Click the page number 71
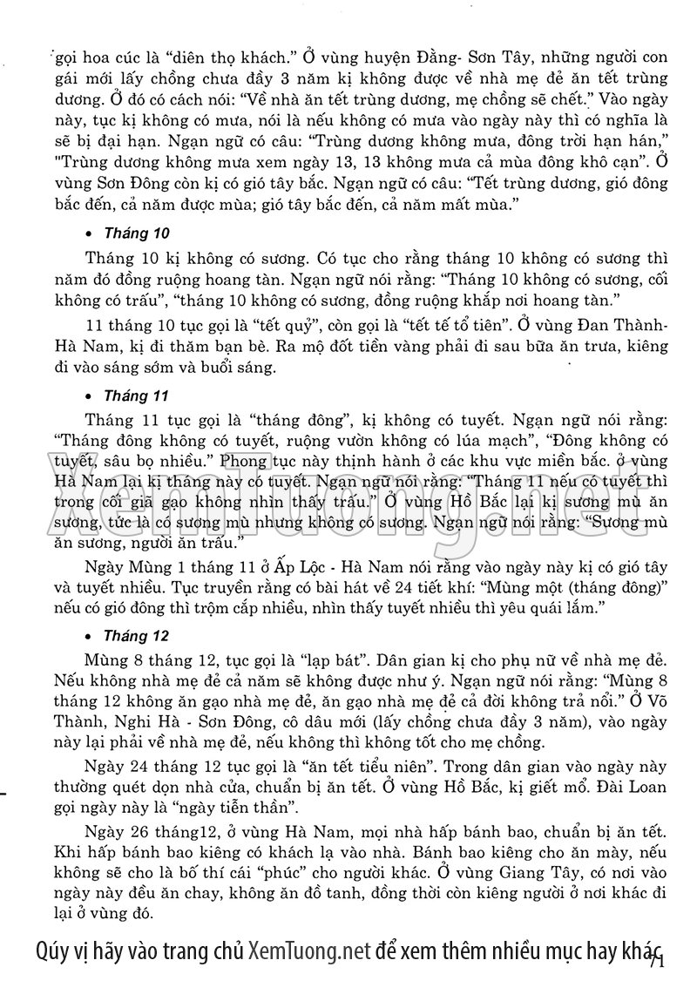tap(656, 961)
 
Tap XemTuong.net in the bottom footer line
tap(309, 950)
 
